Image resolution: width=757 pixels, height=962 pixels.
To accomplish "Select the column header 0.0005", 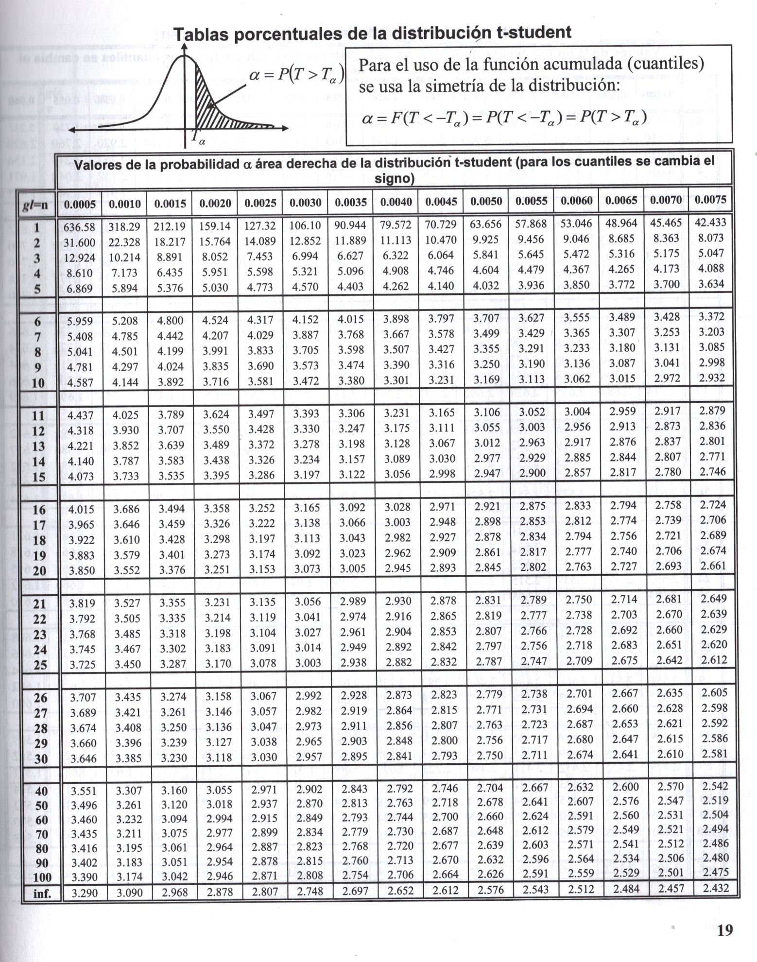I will click(x=80, y=204).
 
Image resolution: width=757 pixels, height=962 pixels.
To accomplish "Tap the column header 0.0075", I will click(x=710, y=200).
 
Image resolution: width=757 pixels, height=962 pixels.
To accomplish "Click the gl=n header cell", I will click(x=35, y=205).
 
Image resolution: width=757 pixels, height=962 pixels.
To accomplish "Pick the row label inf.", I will click(x=42, y=893).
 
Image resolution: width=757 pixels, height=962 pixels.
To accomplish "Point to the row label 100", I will click(x=42, y=877).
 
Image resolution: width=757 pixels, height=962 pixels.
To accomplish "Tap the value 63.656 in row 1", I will click(x=486, y=224).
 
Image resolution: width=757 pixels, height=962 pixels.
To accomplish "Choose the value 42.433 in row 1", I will click(x=710, y=222).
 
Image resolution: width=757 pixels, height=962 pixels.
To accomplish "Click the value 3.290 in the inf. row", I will click(x=84, y=893).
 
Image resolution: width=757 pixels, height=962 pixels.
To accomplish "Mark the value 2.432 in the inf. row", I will click(x=716, y=888).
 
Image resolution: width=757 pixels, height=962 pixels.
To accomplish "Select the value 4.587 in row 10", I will click(x=80, y=382).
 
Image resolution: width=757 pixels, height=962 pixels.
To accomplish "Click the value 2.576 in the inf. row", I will click(x=491, y=890).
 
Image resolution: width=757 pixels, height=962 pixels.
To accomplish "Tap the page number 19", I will click(x=724, y=930).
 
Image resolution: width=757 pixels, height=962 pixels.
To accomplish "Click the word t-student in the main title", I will click(x=533, y=32).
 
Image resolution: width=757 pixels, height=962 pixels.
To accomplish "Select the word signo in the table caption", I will click(x=394, y=179).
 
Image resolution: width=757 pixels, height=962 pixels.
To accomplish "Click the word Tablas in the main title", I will click(x=204, y=35).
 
